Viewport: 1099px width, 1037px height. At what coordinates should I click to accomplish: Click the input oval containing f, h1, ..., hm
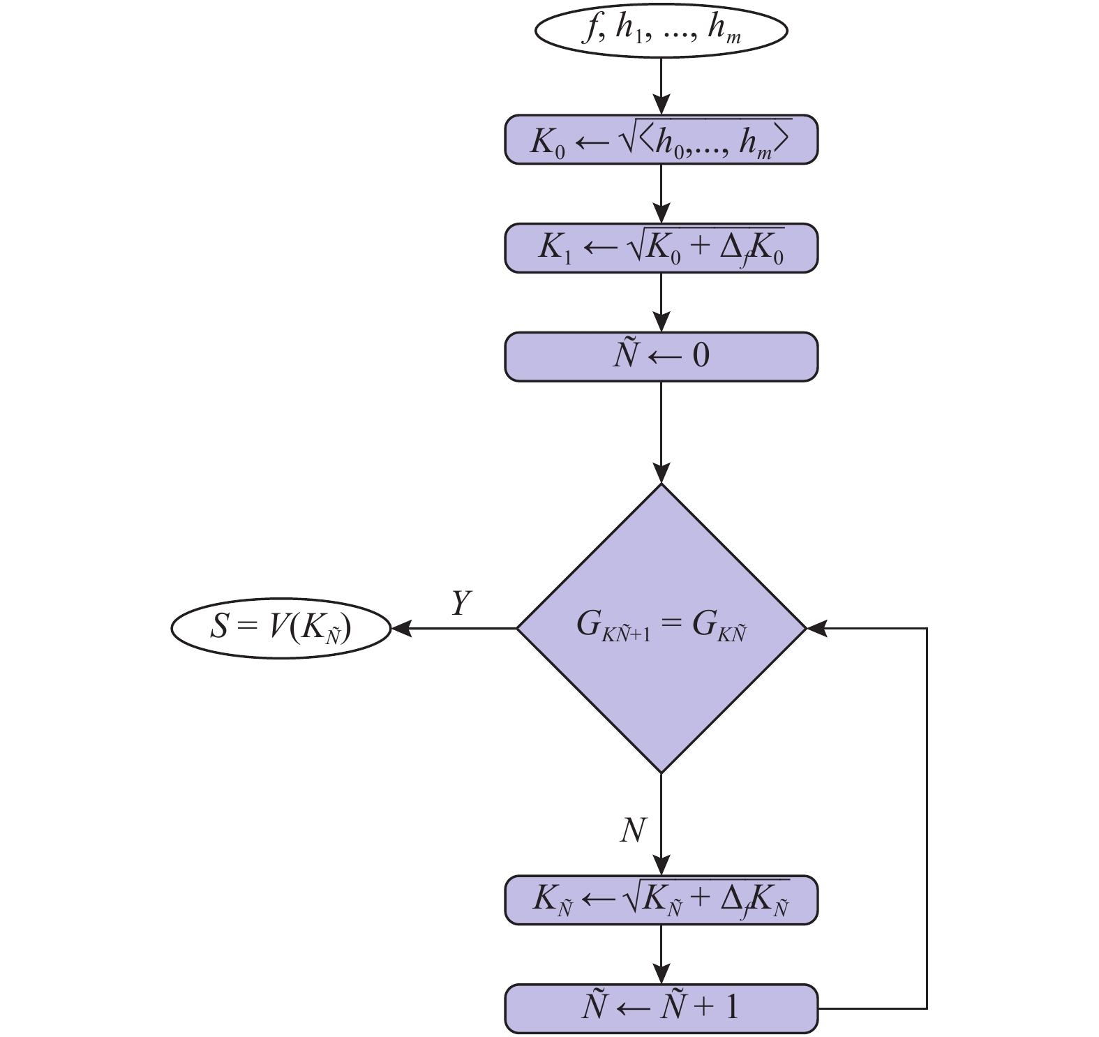pyautogui.click(x=661, y=31)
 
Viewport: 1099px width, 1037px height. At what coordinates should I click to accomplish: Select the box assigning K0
pyautogui.click(x=661, y=140)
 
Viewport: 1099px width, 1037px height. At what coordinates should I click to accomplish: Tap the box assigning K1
pyautogui.click(x=661, y=248)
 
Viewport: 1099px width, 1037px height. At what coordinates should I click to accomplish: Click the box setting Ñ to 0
pyautogui.click(x=661, y=357)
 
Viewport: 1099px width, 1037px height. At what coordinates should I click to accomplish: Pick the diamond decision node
pyautogui.click(x=661, y=628)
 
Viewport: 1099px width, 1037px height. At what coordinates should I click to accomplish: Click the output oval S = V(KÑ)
pyautogui.click(x=281, y=627)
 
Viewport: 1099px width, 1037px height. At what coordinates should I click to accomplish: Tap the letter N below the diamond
pyautogui.click(x=633, y=830)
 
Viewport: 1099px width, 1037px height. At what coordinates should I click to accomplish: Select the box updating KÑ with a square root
pyautogui.click(x=661, y=900)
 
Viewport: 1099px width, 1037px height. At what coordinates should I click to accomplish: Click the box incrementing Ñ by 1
pyautogui.click(x=661, y=1008)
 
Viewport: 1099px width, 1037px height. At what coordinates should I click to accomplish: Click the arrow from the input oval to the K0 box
pyautogui.click(x=661, y=86)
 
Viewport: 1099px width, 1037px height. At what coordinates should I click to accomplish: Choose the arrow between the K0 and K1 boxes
pyautogui.click(x=661, y=194)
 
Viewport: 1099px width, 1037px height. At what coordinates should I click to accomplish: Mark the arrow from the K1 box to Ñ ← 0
pyautogui.click(x=661, y=302)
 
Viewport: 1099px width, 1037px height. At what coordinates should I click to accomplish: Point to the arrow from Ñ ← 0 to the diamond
pyautogui.click(x=661, y=433)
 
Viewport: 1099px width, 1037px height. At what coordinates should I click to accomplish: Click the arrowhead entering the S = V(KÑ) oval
pyautogui.click(x=400, y=628)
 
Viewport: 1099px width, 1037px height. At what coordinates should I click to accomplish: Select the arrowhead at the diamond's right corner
pyautogui.click(x=816, y=628)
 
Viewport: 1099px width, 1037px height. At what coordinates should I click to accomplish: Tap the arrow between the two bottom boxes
pyautogui.click(x=661, y=955)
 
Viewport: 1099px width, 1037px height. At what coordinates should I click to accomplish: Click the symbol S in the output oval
pyautogui.click(x=219, y=627)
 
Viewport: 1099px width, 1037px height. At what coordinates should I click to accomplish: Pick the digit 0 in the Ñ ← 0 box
pyautogui.click(x=701, y=356)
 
